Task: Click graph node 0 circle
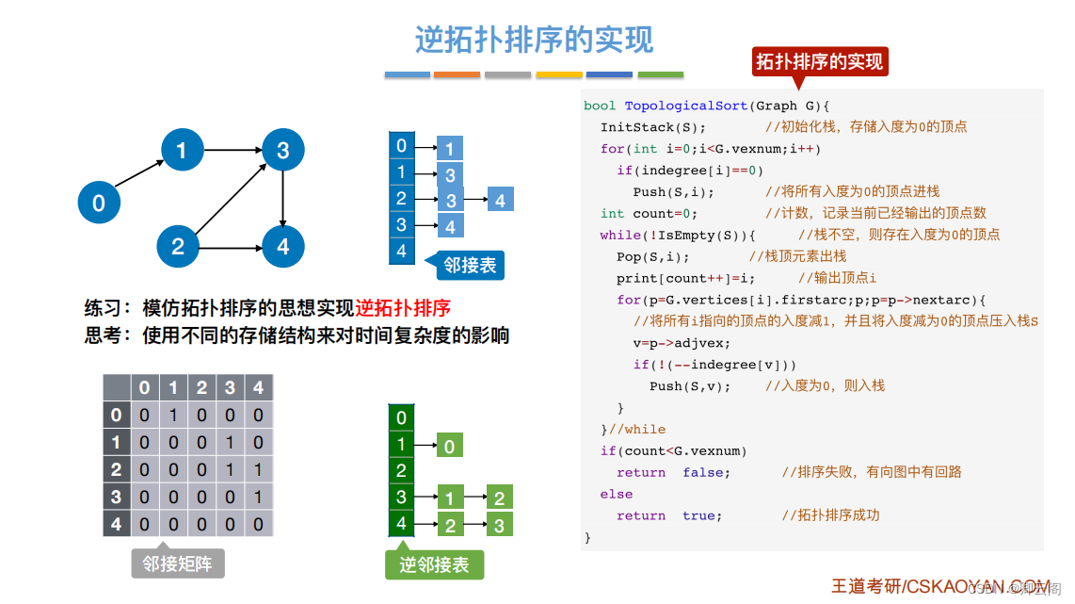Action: (x=99, y=203)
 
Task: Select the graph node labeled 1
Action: (x=182, y=149)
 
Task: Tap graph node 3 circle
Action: (x=283, y=149)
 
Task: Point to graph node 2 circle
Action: (x=178, y=248)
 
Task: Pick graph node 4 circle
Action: (x=283, y=248)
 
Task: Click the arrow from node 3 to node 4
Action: (x=283, y=198)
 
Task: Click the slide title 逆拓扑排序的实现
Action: (x=534, y=40)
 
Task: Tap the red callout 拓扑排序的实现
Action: (x=819, y=62)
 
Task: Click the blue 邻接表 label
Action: (x=470, y=265)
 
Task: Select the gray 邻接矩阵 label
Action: (x=177, y=563)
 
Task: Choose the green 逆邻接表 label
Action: (x=434, y=563)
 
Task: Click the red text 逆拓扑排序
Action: (x=403, y=308)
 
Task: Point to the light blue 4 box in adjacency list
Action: (x=500, y=200)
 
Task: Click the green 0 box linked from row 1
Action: (x=449, y=446)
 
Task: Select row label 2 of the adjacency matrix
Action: (x=117, y=469)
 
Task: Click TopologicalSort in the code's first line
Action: (x=686, y=106)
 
